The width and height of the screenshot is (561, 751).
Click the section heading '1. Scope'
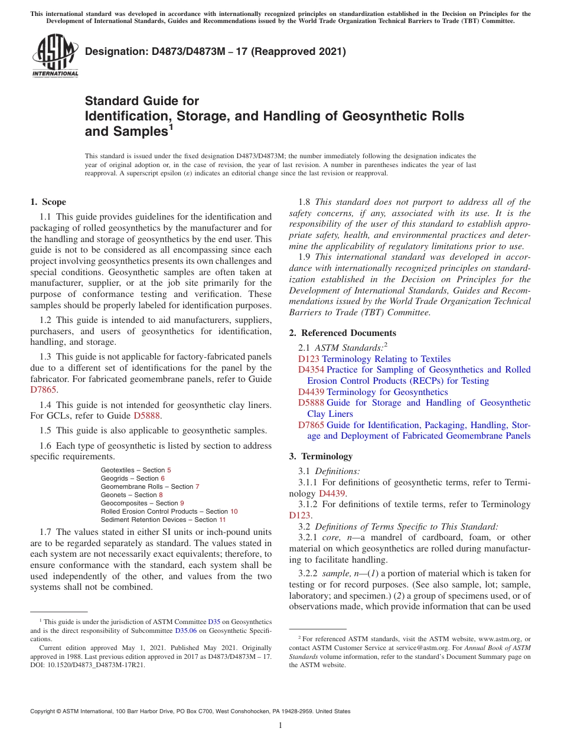coord(48,202)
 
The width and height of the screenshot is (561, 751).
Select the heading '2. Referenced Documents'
coord(343,333)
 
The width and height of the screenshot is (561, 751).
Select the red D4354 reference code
coord(311,370)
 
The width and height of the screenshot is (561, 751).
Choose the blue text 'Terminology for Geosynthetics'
coord(387,392)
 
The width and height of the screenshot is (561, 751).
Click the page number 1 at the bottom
coord(280,726)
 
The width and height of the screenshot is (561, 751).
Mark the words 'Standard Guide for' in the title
coord(142,102)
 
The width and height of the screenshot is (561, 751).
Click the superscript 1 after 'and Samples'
coord(171,127)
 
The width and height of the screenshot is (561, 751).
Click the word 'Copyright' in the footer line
coord(45,711)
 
